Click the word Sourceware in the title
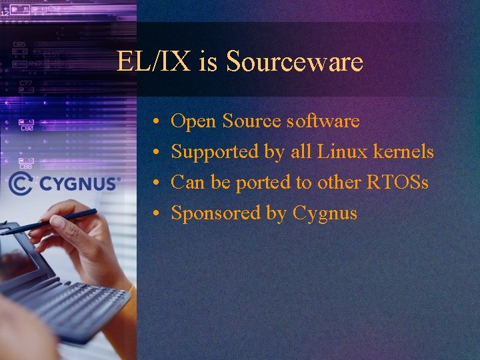tap(294, 62)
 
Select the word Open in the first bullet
tap(193, 121)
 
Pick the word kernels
tap(403, 152)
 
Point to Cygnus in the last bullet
tap(325, 214)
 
